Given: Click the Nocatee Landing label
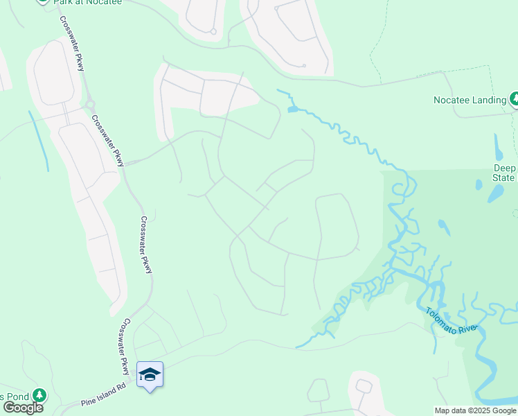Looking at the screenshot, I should click(470, 100).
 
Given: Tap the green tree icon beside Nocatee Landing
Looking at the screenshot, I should click(515, 99).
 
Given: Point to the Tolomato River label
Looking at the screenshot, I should click(451, 321).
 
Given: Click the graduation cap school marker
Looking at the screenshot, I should click(150, 375).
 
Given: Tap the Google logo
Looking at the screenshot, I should click(22, 408).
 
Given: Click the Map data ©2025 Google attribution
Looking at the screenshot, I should click(475, 410).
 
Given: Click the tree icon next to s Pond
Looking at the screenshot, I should click(39, 396).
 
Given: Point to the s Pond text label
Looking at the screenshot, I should click(14, 397).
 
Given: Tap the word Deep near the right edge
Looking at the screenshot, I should click(505, 168).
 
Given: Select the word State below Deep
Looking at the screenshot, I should click(505, 178).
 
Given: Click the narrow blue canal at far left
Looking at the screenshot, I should click(39, 141).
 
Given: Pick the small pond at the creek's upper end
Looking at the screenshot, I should click(293, 109).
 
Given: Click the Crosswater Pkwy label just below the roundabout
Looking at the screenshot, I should click(107, 140).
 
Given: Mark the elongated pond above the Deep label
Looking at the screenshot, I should click(499, 147).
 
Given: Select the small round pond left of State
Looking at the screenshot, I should click(478, 185).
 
